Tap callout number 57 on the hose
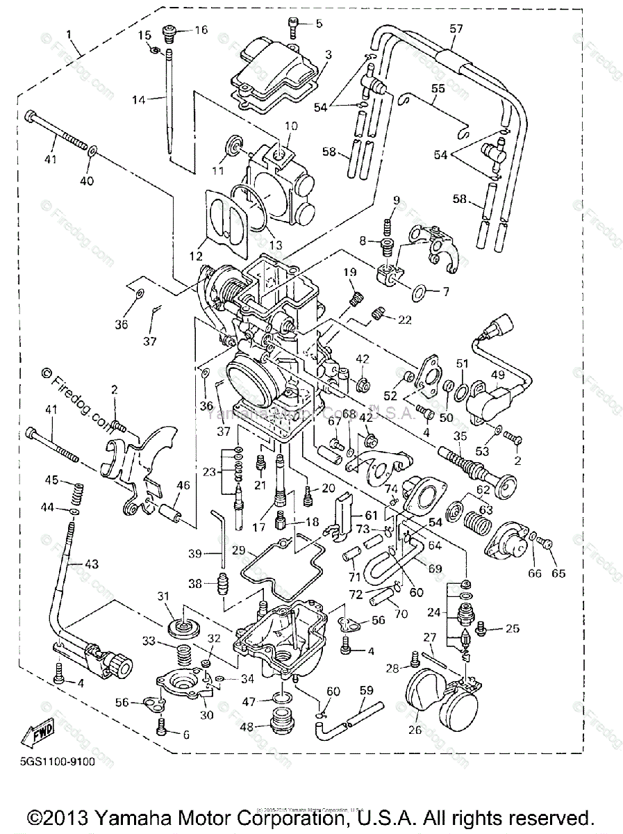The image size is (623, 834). (456, 30)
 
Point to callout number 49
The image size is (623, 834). (497, 375)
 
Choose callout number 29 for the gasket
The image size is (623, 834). (219, 550)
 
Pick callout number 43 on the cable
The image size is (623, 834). (92, 564)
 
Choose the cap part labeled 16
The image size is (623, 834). (170, 31)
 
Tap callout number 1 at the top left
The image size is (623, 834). (69, 33)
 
